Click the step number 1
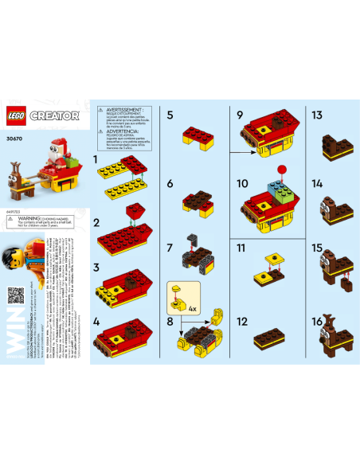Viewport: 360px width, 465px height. pyautogui.click(x=97, y=160)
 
